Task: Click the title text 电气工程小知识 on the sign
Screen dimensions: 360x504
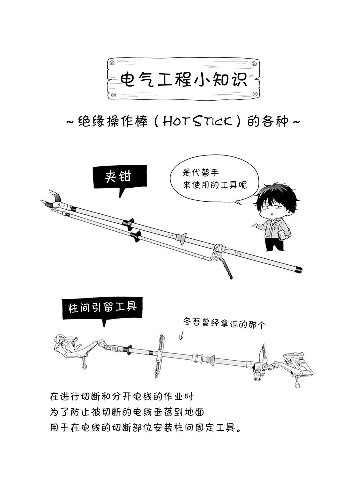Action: [x=184, y=79]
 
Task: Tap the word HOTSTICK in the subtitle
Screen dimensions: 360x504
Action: [x=198, y=121]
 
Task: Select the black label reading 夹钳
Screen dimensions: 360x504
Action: [x=120, y=177]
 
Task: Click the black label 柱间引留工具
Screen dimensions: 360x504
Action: [x=102, y=308]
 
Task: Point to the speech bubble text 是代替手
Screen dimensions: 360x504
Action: [x=200, y=173]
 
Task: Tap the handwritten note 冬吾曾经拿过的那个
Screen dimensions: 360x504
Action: [x=224, y=323]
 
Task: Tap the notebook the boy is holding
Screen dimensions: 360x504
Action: [x=283, y=235]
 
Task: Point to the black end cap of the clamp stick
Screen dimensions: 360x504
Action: [x=299, y=269]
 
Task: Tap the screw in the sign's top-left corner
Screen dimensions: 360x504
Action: [x=112, y=63]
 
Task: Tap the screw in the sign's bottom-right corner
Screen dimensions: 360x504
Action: [x=255, y=94]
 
